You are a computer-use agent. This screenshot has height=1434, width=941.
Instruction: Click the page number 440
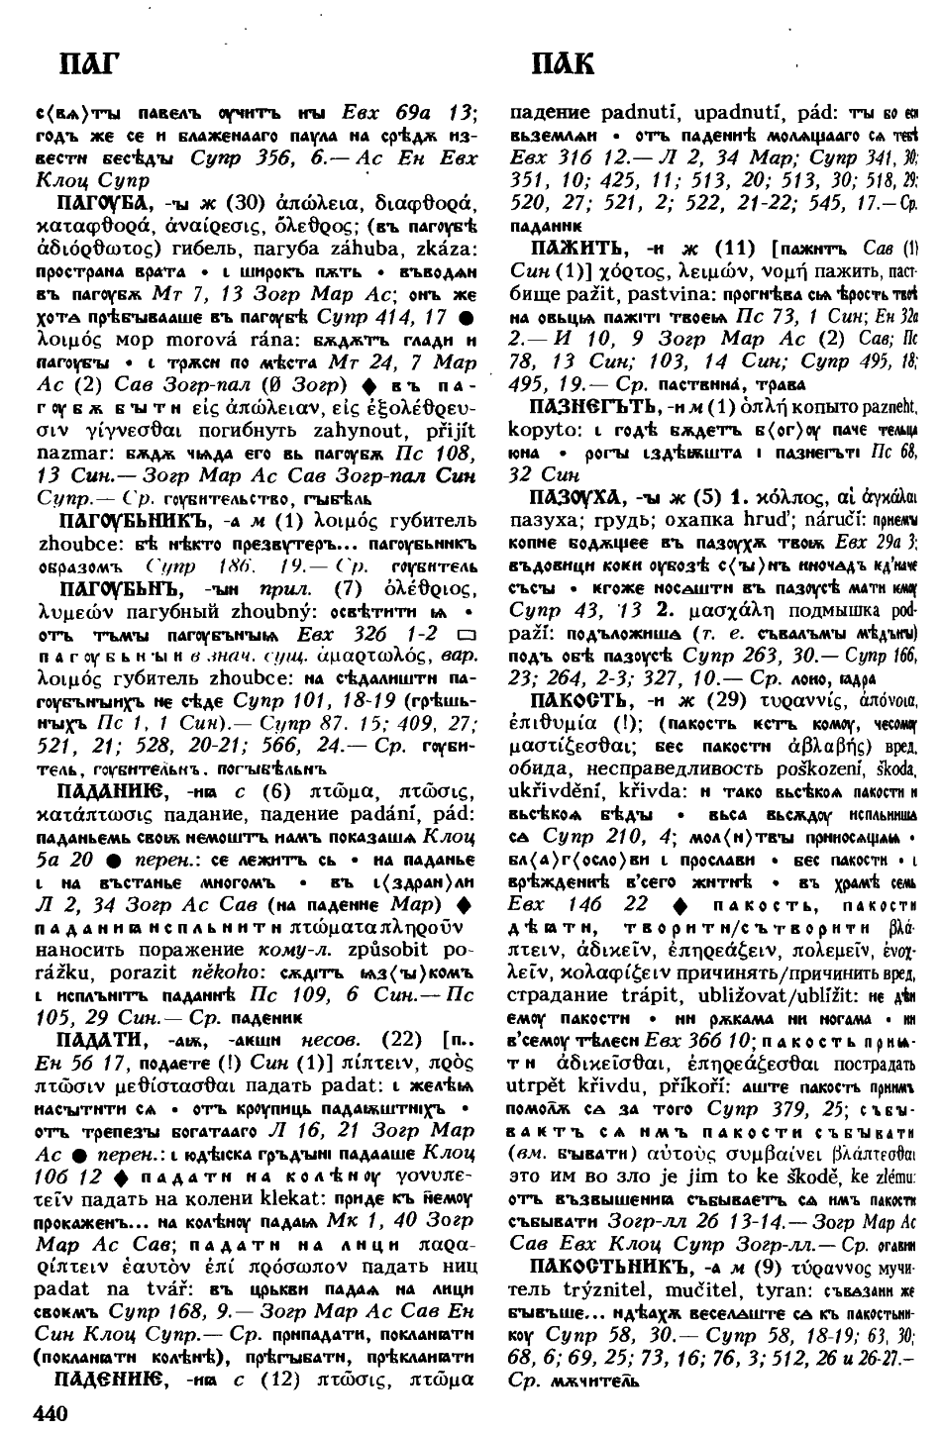click(55, 1411)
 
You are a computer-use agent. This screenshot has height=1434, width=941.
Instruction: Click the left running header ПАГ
click(86, 64)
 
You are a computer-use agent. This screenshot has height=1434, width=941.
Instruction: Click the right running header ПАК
click(562, 64)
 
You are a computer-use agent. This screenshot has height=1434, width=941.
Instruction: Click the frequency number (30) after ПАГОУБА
click(246, 206)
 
